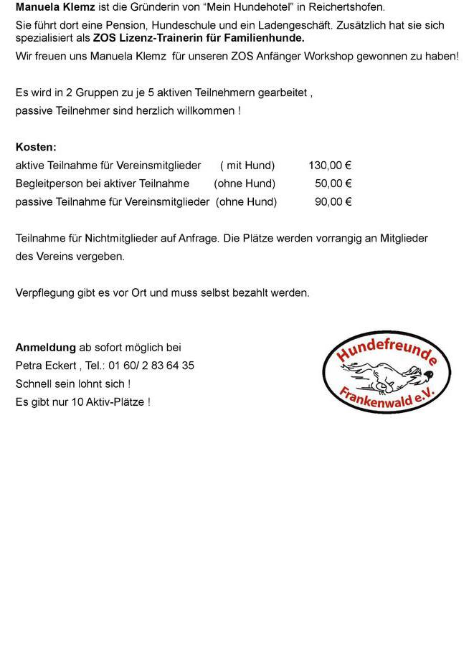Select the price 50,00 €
point(333,184)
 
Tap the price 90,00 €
point(333,202)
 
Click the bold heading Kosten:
point(36,147)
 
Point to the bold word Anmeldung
point(45,348)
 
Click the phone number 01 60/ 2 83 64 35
point(151,366)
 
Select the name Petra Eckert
point(46,366)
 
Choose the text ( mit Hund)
point(247,166)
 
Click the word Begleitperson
point(48,184)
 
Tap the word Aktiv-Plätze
point(114,402)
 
